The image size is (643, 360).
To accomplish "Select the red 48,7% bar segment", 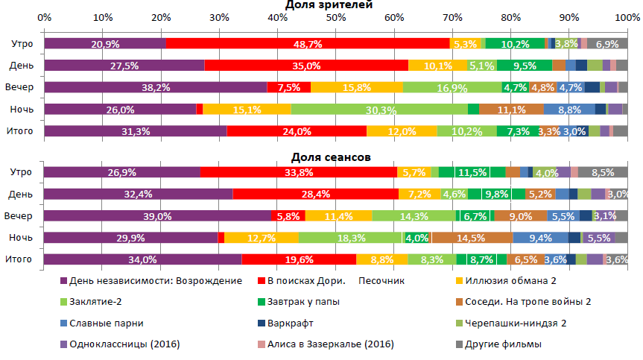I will [x=308, y=44].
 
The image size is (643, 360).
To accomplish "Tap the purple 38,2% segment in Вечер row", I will [x=156, y=87].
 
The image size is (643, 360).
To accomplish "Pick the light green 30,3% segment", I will [x=379, y=109].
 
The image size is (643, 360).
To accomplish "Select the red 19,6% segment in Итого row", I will [x=299, y=259].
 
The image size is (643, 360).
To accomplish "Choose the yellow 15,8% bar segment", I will [x=357, y=87].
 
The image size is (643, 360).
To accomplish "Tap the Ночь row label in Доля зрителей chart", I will [x=19, y=109].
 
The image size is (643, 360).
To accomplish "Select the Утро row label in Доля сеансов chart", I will [x=19, y=172].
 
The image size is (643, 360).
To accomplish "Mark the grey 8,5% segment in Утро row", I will [x=603, y=173].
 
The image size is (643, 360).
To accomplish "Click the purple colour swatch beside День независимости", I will [x=63, y=281].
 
